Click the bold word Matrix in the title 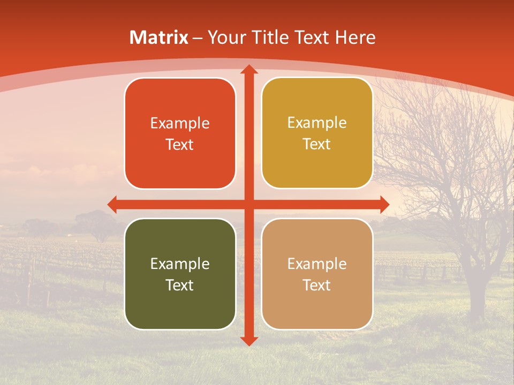(159, 37)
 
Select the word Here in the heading (355, 37)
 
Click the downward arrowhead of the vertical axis (248, 341)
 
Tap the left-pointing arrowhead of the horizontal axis (112, 204)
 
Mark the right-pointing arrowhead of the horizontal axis (384, 204)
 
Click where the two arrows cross (248, 204)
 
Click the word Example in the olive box (180, 264)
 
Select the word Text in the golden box (317, 144)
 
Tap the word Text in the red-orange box (180, 144)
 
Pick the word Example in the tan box (317, 264)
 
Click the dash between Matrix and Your (198, 38)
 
